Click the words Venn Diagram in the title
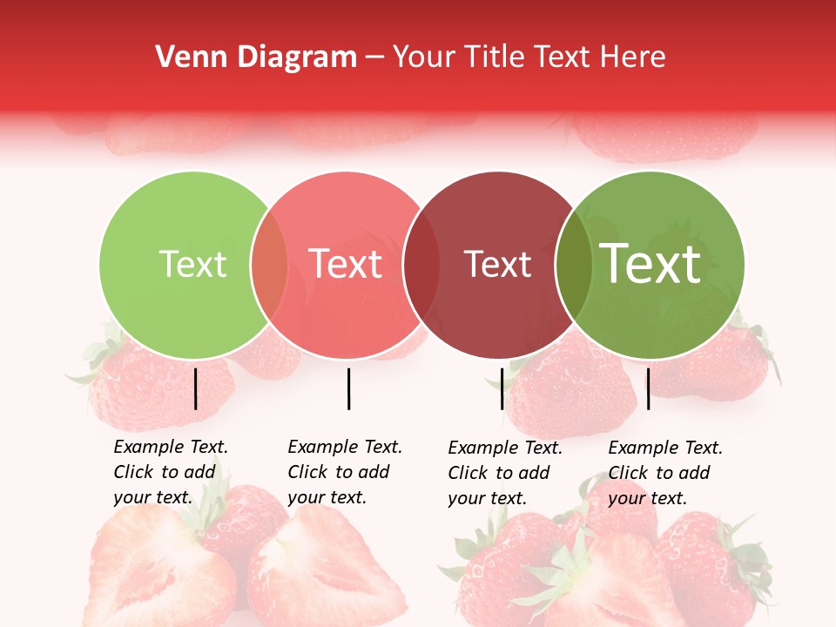(x=256, y=57)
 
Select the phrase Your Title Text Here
(x=529, y=57)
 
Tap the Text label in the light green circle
(x=192, y=264)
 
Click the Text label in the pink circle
(x=346, y=264)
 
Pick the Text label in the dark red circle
(x=497, y=264)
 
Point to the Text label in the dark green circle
(x=651, y=264)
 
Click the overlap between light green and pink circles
(x=270, y=265)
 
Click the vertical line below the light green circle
(x=196, y=388)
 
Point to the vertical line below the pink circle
(x=348, y=388)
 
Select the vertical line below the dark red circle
(x=502, y=388)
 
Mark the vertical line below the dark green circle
(x=648, y=388)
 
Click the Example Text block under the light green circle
(x=171, y=472)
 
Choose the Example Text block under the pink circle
(x=345, y=472)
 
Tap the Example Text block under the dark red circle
(x=505, y=473)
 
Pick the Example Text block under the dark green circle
(x=665, y=473)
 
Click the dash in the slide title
(x=374, y=57)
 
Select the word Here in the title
(x=633, y=57)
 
